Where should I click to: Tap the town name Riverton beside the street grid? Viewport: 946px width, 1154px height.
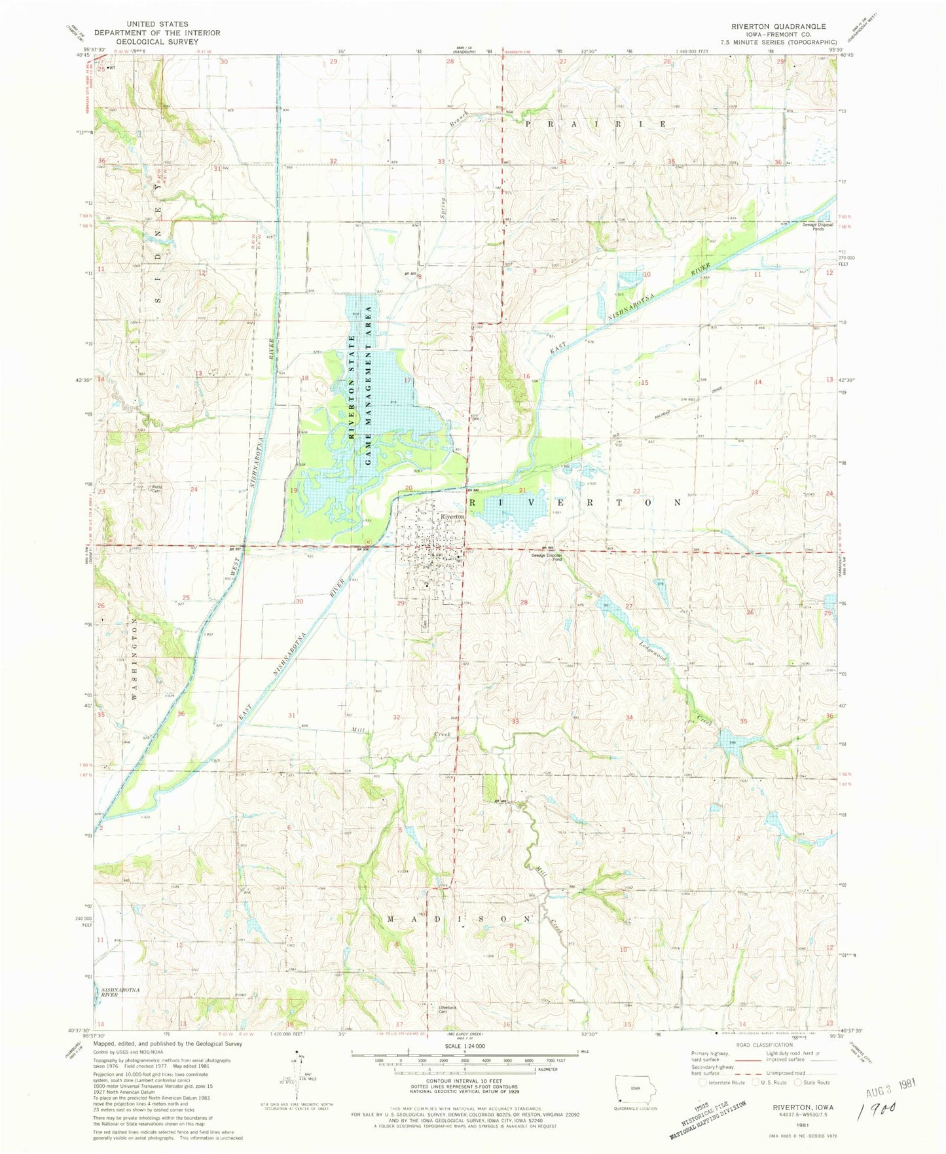452,516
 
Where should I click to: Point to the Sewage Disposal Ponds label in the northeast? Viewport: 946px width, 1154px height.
818,227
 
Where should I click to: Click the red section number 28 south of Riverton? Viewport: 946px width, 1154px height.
524,602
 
